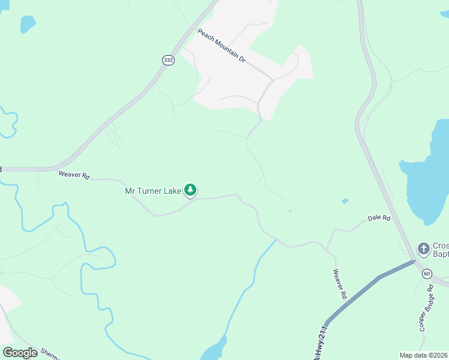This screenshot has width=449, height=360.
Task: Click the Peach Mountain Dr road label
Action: pos(222,46)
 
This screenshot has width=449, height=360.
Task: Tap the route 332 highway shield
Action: pos(168,61)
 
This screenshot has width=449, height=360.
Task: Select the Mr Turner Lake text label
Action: pos(152,191)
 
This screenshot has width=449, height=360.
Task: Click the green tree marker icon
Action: pos(190,190)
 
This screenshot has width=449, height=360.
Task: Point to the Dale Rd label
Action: pos(379,218)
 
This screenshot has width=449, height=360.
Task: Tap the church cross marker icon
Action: pos(423,248)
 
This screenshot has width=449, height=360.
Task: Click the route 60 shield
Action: pos(427,274)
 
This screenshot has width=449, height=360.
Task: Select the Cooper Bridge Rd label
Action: pos(426,309)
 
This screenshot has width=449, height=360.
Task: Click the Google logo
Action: pos(20,353)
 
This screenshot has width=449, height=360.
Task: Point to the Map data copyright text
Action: pos(423,355)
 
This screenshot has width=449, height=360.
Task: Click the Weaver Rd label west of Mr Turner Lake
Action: pos(74,175)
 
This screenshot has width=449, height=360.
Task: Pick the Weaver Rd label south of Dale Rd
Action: pos(340,283)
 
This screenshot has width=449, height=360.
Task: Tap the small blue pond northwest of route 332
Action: pos(27,24)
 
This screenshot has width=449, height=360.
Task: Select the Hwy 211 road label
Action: pos(321,345)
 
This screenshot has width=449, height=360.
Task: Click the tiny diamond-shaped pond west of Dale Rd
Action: pos(345,201)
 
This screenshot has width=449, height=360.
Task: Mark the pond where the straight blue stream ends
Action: pos(214,349)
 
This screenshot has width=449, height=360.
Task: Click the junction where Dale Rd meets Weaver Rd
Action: pos(328,247)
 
